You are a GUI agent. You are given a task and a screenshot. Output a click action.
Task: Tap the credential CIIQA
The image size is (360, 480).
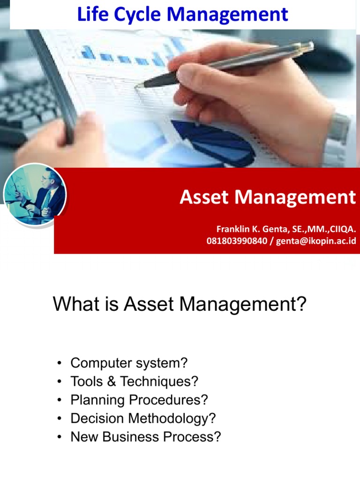pos(342,229)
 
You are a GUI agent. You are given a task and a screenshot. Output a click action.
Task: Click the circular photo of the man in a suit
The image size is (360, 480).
pos(35,194)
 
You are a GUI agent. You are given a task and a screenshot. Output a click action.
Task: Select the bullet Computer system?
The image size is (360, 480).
pos(129,363)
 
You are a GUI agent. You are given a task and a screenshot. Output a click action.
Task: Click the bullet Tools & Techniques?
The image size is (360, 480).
pos(135,382)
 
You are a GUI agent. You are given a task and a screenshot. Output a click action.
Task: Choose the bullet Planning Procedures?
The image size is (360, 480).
pos(139,400)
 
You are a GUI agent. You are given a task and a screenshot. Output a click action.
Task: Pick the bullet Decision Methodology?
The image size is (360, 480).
pos(143,418)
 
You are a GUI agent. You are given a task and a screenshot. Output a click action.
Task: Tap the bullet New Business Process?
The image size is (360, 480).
pos(145,436)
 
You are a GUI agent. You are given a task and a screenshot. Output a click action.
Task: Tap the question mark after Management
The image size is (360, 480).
pos(300,305)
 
